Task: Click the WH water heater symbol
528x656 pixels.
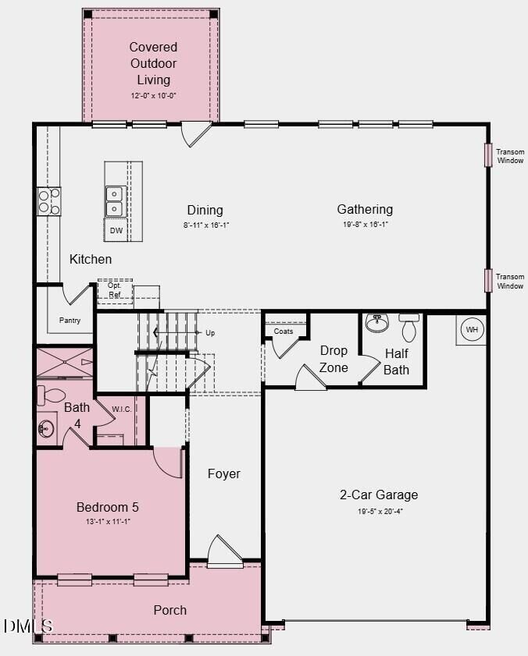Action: pos(471,330)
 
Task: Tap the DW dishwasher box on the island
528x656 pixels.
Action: pos(116,231)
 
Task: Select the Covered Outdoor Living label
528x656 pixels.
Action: pos(153,63)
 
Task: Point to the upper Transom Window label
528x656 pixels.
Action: pos(510,156)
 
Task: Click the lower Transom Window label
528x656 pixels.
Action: pos(510,281)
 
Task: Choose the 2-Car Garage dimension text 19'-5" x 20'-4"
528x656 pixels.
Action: pos(378,512)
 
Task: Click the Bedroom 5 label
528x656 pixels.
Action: pos(108,507)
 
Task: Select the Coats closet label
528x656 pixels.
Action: pos(284,332)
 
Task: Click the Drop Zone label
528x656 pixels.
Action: pos(334,358)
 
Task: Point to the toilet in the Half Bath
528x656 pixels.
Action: pos(409,328)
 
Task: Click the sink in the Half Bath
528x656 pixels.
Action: pos(377,321)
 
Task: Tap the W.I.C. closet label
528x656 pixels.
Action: pos(121,410)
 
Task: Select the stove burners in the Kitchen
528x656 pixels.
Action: pos(48,201)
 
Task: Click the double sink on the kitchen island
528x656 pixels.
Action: pos(115,201)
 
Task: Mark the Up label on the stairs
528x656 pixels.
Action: pos(209,333)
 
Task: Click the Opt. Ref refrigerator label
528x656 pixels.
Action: pos(114,290)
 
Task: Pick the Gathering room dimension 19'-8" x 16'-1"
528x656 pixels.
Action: pos(365,225)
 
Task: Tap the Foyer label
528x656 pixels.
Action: pos(223,473)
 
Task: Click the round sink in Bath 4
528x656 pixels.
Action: pos(46,427)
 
